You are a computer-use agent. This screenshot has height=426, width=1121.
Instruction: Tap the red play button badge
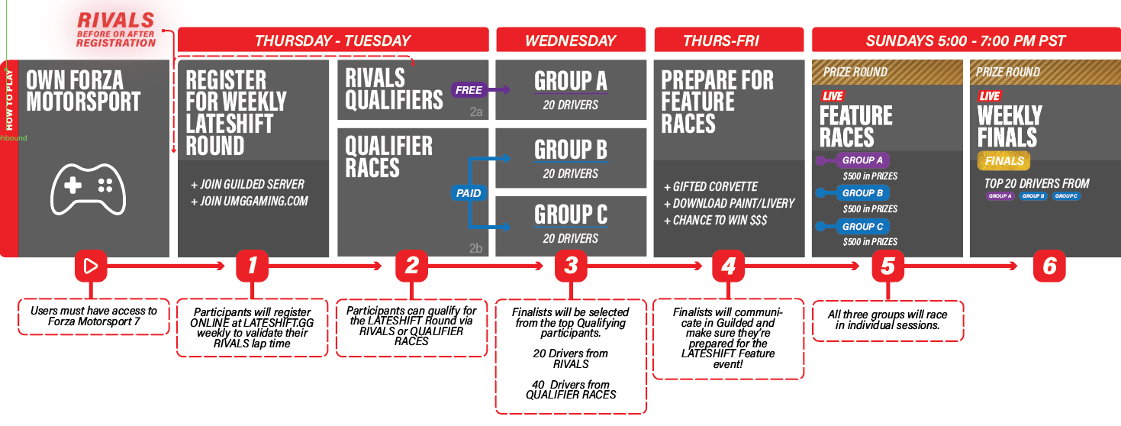[90, 266]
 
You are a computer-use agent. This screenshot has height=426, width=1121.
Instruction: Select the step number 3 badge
[570, 266]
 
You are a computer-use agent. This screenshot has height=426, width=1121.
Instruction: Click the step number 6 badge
[1049, 266]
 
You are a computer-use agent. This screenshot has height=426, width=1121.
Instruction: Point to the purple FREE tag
[469, 90]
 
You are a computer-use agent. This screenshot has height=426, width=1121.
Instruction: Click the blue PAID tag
[469, 193]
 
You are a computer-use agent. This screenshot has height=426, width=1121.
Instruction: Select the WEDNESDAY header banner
[570, 40]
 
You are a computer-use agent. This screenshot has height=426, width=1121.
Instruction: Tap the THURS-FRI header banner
[728, 40]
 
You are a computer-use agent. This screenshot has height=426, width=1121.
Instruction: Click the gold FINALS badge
[1003, 161]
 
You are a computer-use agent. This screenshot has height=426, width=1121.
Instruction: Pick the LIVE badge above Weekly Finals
[989, 96]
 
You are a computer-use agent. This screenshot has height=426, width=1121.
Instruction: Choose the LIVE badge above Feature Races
[831, 96]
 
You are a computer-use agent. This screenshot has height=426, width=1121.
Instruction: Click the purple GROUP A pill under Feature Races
[862, 160]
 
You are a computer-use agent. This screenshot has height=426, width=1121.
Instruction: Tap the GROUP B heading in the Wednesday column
[570, 150]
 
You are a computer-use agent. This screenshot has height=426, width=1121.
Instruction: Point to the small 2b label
[475, 247]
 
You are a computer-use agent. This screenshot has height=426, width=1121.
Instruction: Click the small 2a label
[475, 111]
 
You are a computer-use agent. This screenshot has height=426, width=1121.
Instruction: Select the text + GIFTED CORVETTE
[710, 186]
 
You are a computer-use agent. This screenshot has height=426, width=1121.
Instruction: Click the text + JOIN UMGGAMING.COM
[250, 202]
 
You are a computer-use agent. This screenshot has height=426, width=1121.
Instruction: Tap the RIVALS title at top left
[115, 21]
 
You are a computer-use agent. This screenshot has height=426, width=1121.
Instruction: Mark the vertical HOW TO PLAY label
[9, 107]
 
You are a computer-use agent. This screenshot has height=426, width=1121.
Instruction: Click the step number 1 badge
[252, 266]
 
